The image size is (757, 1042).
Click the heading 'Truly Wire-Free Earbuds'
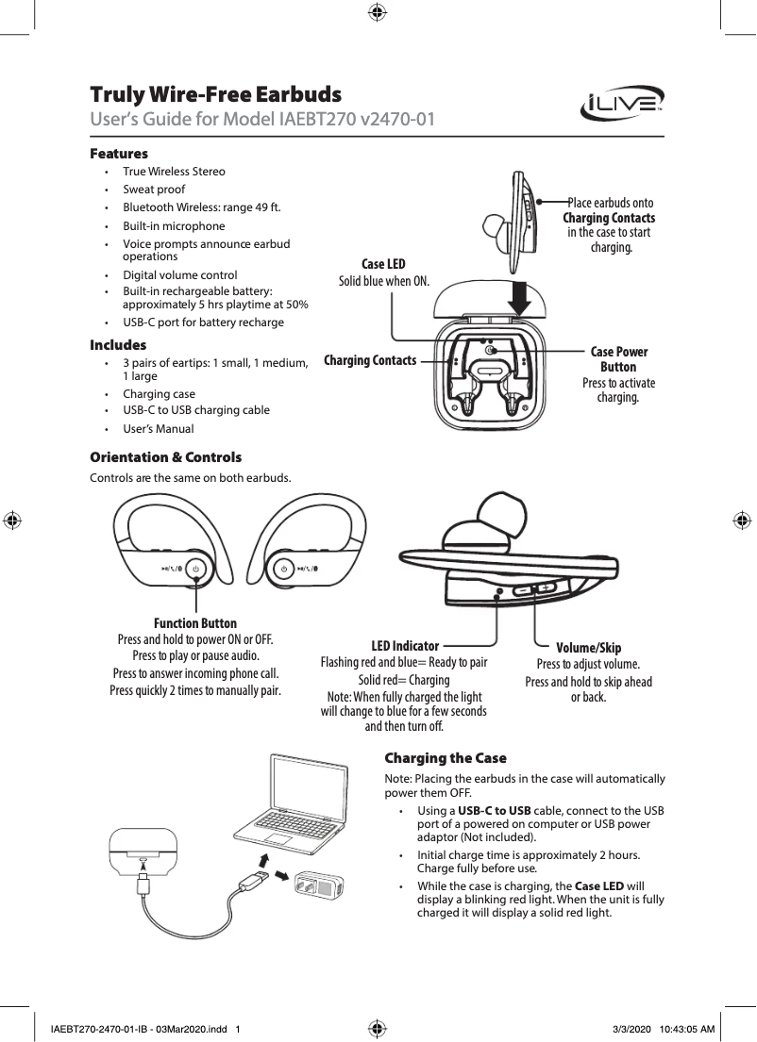(x=215, y=95)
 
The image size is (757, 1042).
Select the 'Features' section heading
(x=119, y=154)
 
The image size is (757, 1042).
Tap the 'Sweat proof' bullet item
(x=154, y=190)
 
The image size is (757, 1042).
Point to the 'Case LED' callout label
(x=383, y=264)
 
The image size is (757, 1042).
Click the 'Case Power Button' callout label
(x=618, y=359)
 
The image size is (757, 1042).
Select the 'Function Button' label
(x=195, y=623)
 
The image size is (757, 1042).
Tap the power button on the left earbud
(x=195, y=569)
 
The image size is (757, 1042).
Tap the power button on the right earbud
(x=282, y=569)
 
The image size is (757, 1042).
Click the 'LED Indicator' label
(x=405, y=646)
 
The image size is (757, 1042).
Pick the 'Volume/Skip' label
(x=588, y=648)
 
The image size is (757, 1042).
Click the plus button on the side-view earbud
(x=546, y=587)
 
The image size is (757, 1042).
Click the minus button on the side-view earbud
(x=523, y=589)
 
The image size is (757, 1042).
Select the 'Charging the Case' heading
(x=446, y=758)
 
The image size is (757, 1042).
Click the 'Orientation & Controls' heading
(x=165, y=457)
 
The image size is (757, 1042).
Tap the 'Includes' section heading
(x=118, y=345)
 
